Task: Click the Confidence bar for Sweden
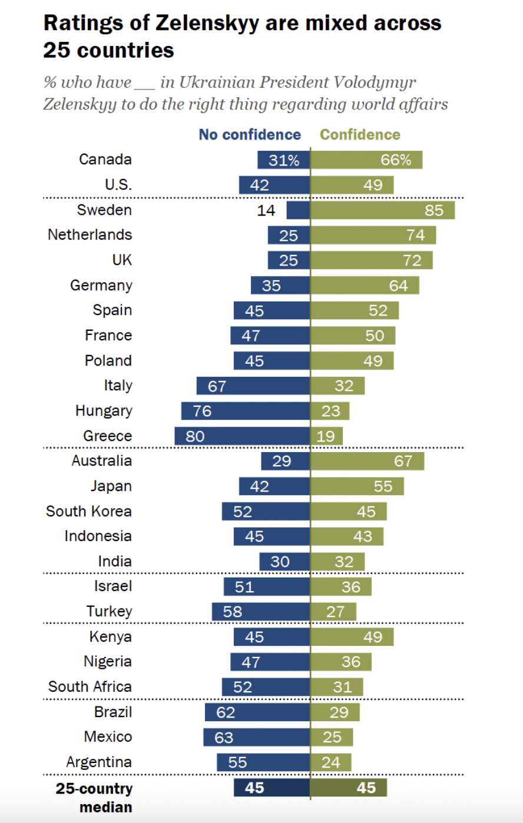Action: pyautogui.click(x=383, y=210)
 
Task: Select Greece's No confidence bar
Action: pyautogui.click(x=242, y=436)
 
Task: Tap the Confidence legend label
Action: pyautogui.click(x=360, y=135)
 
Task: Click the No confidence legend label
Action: pyautogui.click(x=250, y=135)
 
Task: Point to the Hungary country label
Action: pyautogui.click(x=104, y=411)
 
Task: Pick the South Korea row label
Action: pyautogui.click(x=89, y=512)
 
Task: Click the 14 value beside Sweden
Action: pyautogui.click(x=266, y=211)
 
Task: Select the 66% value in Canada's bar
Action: pyautogui.click(x=396, y=160)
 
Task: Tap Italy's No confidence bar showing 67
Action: pyautogui.click(x=253, y=386)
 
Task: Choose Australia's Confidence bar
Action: pyautogui.click(x=368, y=461)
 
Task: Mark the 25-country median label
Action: pyautogui.click(x=94, y=797)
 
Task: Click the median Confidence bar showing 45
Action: pyautogui.click(x=349, y=788)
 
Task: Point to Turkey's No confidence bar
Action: pyautogui.click(x=261, y=612)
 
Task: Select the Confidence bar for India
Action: pyautogui.click(x=337, y=562)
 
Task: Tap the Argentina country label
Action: pyautogui.click(x=99, y=762)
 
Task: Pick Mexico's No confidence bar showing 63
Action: pyautogui.click(x=257, y=737)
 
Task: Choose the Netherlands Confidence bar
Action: pyautogui.click(x=373, y=235)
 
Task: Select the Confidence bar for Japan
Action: pyautogui.click(x=358, y=486)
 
